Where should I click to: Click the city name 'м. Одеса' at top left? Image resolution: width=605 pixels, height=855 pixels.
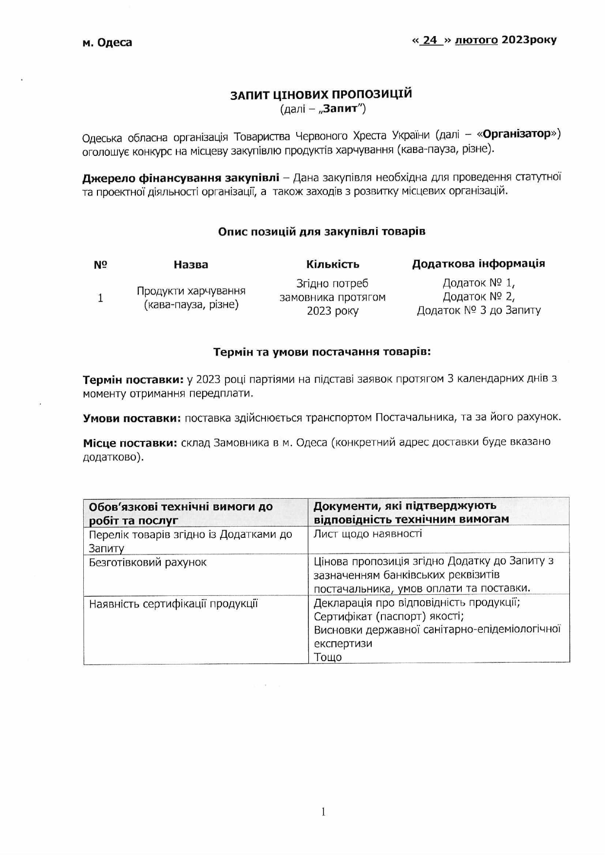tap(107, 42)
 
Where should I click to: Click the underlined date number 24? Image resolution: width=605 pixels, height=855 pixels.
tap(430, 40)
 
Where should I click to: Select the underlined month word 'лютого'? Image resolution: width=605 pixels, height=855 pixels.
tap(476, 40)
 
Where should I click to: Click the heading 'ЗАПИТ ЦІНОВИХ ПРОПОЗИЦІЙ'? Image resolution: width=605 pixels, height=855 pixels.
tap(321, 94)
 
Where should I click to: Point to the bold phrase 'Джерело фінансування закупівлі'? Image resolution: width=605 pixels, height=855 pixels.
tap(181, 177)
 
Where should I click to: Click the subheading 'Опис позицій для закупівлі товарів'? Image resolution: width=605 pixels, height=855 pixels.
tap(321, 231)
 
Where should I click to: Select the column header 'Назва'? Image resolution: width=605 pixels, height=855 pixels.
tap(190, 265)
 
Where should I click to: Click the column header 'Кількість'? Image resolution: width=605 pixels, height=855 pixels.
tap(333, 264)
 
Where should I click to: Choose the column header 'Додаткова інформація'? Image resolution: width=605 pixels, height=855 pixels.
tap(478, 264)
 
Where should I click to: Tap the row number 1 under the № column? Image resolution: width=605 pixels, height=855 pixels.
tap(100, 298)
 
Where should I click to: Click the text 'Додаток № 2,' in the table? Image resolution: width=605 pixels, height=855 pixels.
tap(478, 297)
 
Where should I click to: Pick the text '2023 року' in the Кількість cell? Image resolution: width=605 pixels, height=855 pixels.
tap(333, 311)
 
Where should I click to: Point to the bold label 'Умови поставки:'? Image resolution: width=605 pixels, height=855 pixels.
tap(132, 418)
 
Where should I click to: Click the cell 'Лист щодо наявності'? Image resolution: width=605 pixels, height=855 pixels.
tap(368, 534)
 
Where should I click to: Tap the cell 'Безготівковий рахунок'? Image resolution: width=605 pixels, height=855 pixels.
tap(148, 562)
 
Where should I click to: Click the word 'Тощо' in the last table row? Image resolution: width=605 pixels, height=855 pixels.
tap(328, 657)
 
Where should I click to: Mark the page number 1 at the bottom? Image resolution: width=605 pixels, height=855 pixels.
tap(323, 812)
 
